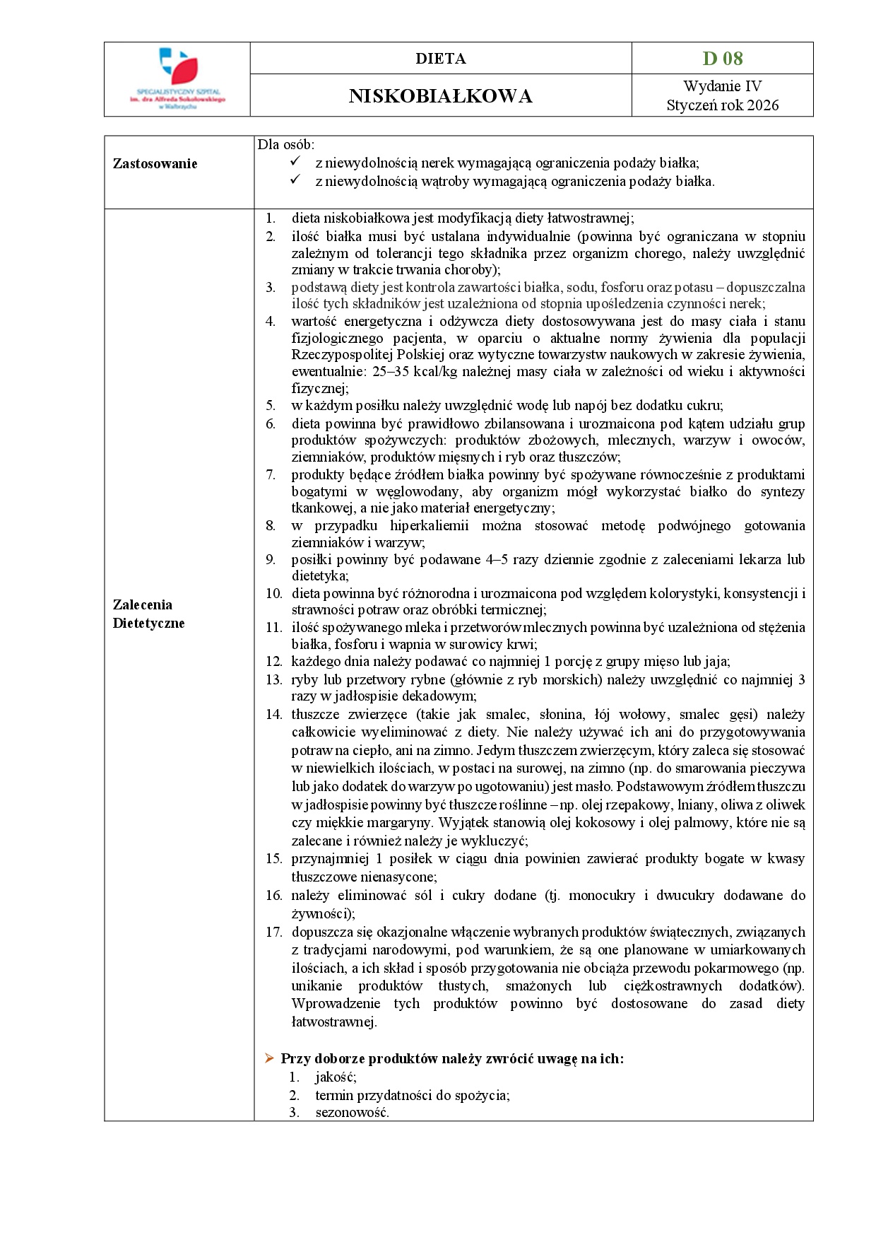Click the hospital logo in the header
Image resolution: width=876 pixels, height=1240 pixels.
(x=178, y=78)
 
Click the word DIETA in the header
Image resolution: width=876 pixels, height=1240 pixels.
(x=440, y=59)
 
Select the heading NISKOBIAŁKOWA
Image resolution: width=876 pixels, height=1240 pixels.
(x=440, y=96)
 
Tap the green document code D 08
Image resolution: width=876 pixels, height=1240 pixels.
(x=722, y=59)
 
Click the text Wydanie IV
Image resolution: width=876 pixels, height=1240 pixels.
(x=722, y=86)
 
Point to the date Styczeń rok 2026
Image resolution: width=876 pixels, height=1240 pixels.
(x=722, y=105)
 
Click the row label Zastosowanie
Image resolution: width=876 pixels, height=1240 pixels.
(x=155, y=164)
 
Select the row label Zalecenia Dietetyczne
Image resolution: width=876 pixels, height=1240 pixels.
(x=148, y=614)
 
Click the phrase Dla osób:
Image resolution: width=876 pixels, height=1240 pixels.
(x=285, y=144)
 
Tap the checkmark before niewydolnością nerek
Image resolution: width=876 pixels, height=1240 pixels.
(x=296, y=163)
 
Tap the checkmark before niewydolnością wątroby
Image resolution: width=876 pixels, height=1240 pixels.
(x=296, y=180)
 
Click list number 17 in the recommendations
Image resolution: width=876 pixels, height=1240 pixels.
(x=273, y=932)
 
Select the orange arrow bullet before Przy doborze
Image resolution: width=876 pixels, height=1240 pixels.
(x=269, y=1058)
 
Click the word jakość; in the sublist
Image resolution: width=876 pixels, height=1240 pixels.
(x=336, y=1077)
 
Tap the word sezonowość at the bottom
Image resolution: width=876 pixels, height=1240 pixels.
(x=351, y=1112)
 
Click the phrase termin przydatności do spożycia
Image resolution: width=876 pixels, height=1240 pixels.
(x=412, y=1095)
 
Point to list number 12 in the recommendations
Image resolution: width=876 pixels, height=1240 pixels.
(x=273, y=662)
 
